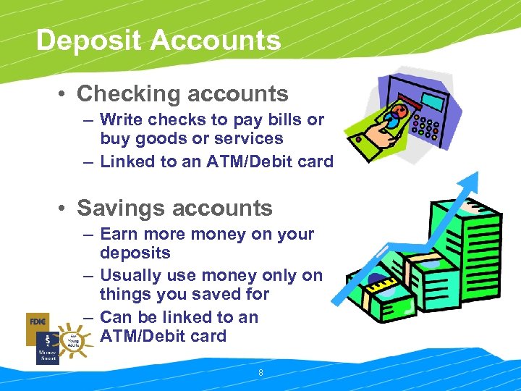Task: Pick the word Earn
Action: (x=121, y=234)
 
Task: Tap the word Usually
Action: (x=135, y=276)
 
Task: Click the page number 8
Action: (x=260, y=373)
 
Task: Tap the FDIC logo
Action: (x=38, y=320)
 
